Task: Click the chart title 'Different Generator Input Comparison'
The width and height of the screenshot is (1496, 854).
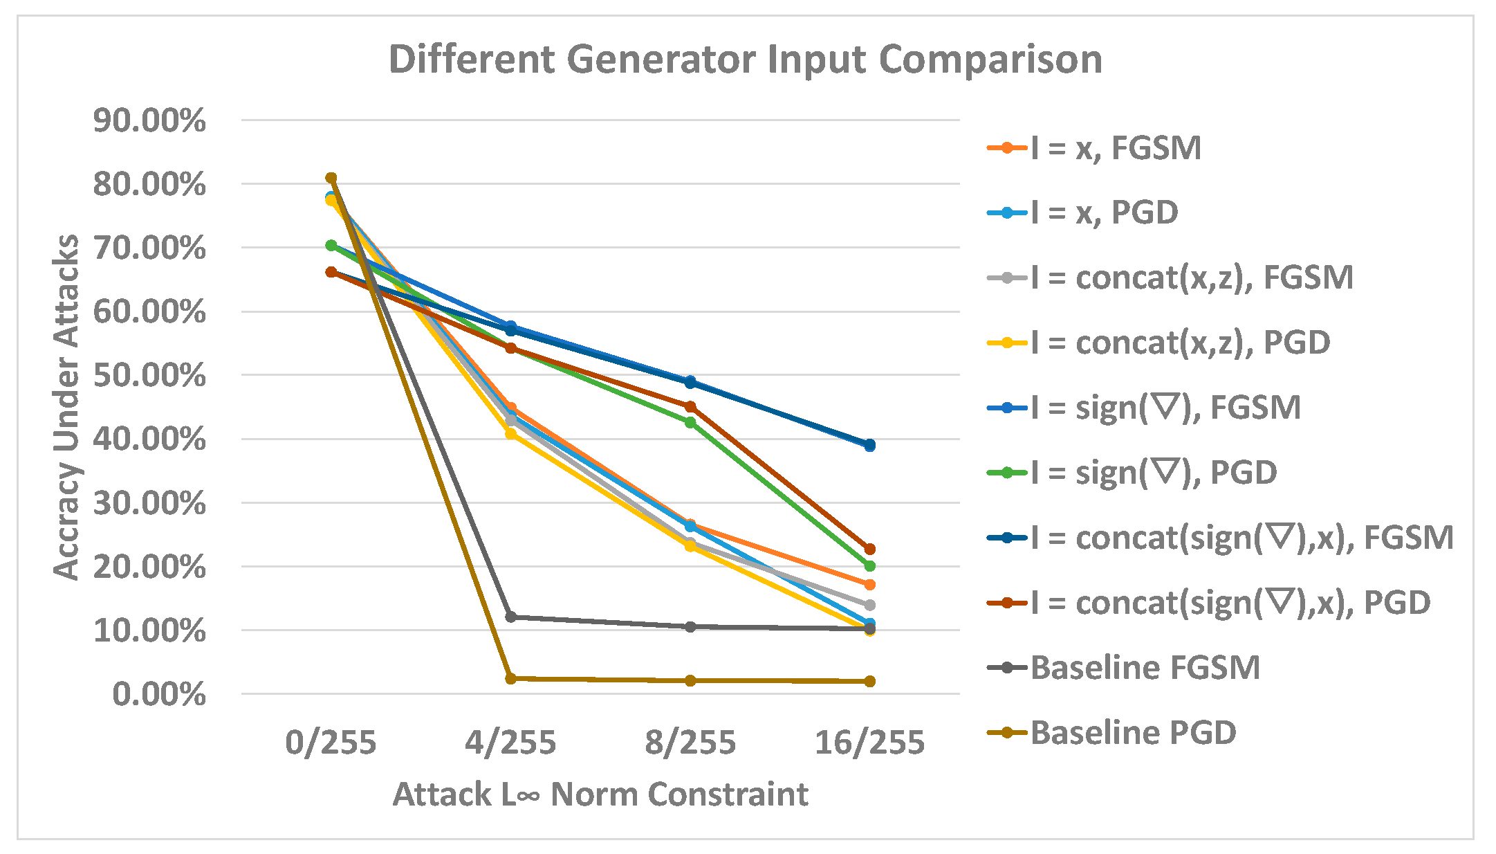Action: pos(745,60)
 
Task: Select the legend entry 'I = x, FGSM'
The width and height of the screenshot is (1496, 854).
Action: pos(1115,148)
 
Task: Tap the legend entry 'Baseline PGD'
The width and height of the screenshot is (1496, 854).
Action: pos(1133,732)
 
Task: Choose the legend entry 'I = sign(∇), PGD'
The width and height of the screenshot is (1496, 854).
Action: pos(1153,473)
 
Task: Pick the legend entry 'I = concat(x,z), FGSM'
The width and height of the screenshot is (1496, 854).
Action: pos(1191,278)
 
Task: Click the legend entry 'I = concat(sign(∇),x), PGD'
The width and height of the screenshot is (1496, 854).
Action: pos(1230,603)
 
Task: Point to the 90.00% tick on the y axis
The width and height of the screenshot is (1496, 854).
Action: pos(149,120)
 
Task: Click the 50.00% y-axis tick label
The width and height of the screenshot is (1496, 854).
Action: pos(149,376)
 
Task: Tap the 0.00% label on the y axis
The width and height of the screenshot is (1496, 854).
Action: pos(158,694)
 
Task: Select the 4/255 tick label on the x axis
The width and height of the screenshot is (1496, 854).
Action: pos(510,743)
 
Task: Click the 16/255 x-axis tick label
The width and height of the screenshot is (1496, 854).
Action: pos(869,743)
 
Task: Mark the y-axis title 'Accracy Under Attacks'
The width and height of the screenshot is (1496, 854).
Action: pos(66,407)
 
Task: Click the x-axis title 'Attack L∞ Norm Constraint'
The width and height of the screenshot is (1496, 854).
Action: pos(600,794)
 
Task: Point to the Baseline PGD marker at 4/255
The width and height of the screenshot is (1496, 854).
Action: pos(510,678)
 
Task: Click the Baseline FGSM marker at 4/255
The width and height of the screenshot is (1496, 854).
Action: pos(510,617)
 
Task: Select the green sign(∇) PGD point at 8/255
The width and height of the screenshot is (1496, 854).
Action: pos(690,422)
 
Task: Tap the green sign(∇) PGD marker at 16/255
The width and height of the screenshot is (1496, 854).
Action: pos(869,566)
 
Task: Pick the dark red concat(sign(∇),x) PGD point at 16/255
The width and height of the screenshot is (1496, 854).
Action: pos(869,549)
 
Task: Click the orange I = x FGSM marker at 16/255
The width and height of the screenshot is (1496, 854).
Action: pos(869,585)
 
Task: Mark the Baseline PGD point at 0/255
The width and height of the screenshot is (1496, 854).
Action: pos(331,178)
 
